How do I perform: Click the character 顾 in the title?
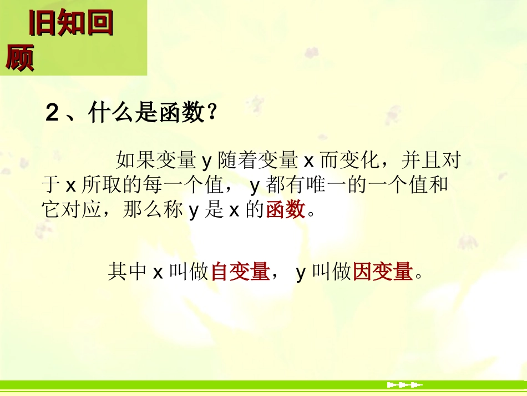pyautogui.click(x=20, y=58)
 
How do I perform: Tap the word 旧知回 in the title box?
pyautogui.click(x=70, y=23)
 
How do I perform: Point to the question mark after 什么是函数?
pyautogui.click(x=210, y=114)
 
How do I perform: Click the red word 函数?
pyautogui.click(x=286, y=210)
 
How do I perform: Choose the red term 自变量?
pyautogui.click(x=240, y=272)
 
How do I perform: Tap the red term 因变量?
pyautogui.click(x=383, y=272)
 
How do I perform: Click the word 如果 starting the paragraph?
pyautogui.click(x=134, y=161)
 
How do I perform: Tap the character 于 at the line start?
pyautogui.click(x=50, y=185)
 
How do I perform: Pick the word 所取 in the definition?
pyautogui.click(x=102, y=185)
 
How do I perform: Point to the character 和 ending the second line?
pyautogui.click(x=439, y=185)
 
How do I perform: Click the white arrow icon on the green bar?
pyautogui.click(x=404, y=384)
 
